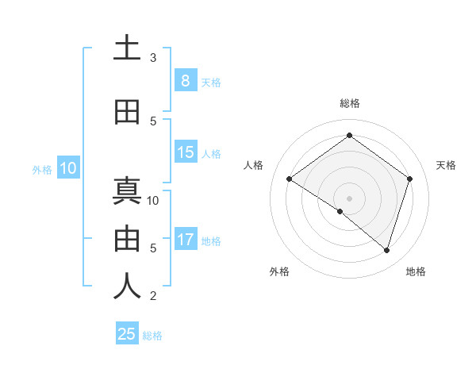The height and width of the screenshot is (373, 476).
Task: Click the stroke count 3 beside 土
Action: click(x=153, y=58)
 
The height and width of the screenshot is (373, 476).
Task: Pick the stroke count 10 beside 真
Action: click(x=153, y=200)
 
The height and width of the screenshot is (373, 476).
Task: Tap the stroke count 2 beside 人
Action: click(x=153, y=296)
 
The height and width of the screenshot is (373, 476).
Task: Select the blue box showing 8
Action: click(x=185, y=80)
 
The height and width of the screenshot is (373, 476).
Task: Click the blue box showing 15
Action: click(x=185, y=152)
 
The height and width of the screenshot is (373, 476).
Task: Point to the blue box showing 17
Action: click(x=185, y=240)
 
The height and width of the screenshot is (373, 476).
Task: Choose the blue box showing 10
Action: click(x=67, y=168)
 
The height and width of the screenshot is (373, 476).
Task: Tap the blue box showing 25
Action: click(x=127, y=334)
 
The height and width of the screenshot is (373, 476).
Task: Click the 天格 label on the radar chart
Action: click(x=446, y=165)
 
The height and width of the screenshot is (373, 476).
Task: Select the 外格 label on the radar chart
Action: click(x=279, y=271)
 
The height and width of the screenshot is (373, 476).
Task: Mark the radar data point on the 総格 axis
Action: click(x=349, y=135)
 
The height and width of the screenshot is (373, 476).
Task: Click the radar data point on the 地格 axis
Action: click(x=386, y=250)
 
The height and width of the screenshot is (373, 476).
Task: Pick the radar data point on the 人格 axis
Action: click(x=289, y=179)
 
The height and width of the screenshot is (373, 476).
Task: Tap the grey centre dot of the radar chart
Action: click(x=349, y=198)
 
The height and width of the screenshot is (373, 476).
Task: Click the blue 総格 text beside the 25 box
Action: click(x=152, y=336)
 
